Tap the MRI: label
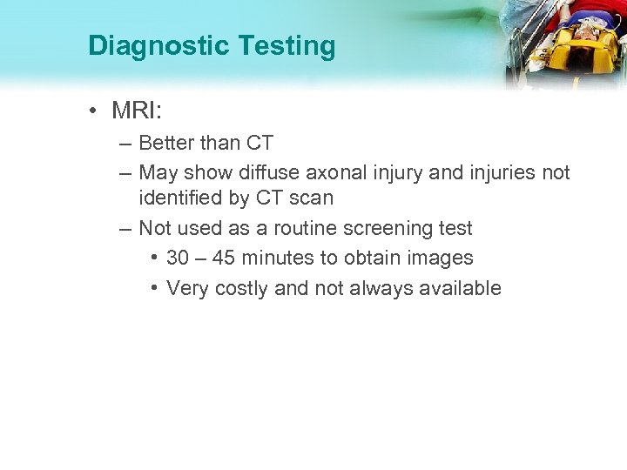tap(139, 111)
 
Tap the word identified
tap(180, 198)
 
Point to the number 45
tap(223, 258)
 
